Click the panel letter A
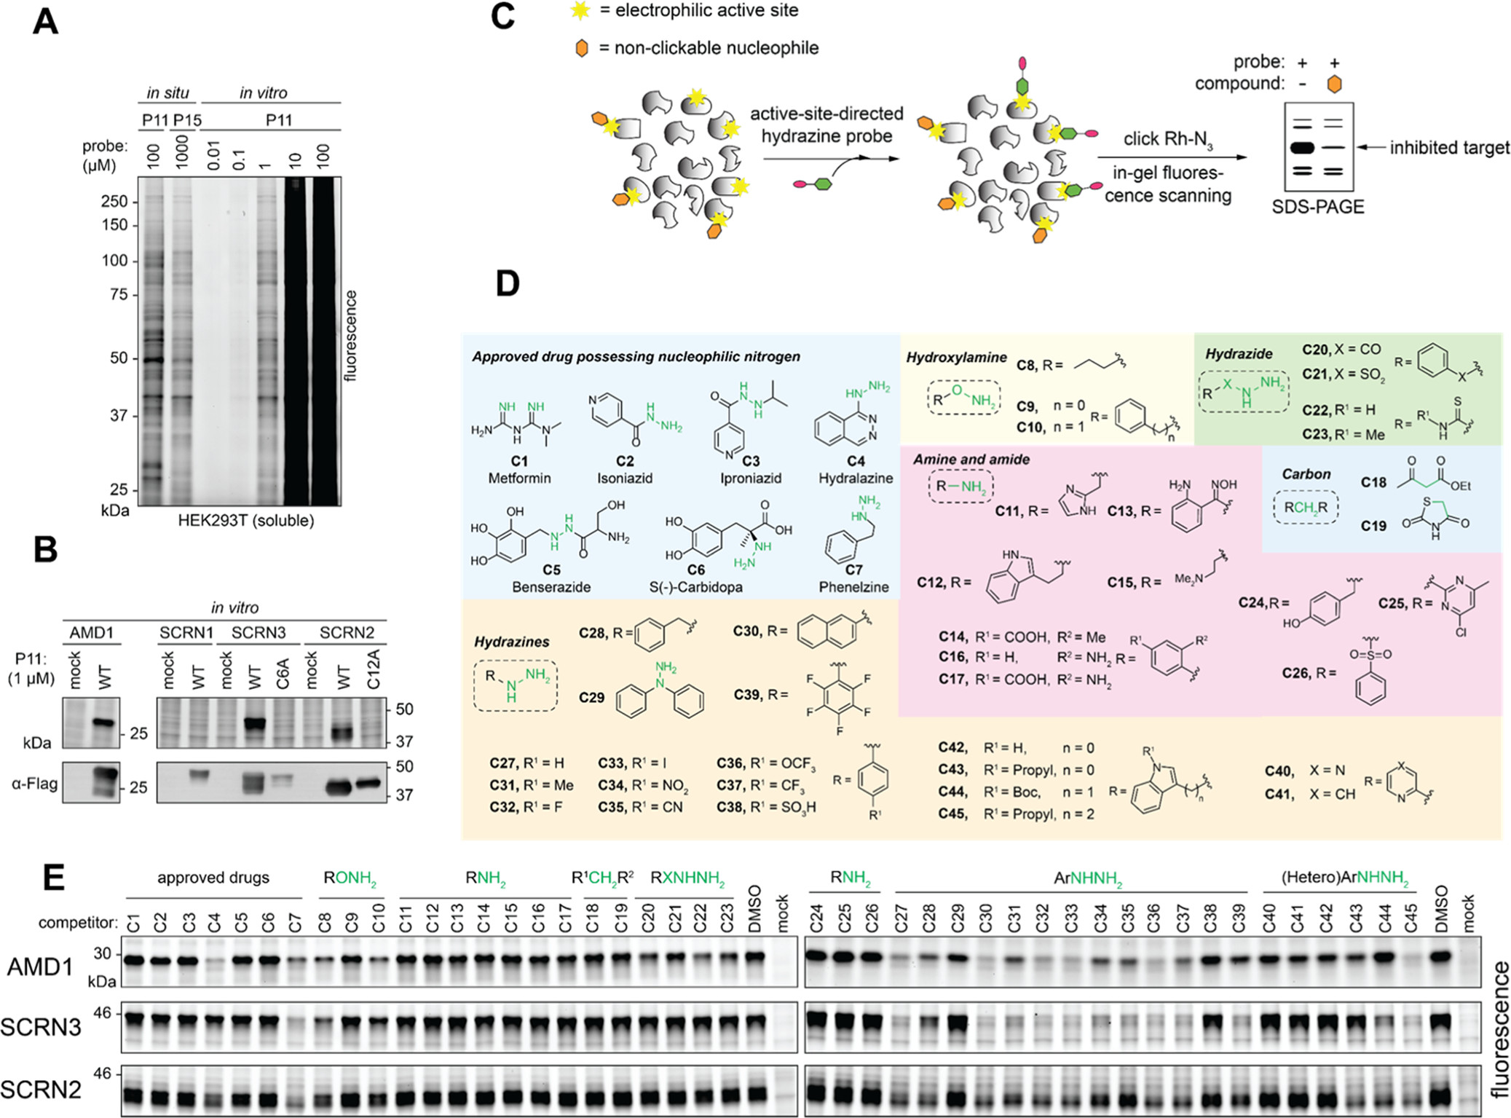coord(45,22)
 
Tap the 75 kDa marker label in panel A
coord(119,294)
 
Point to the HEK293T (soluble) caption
coord(246,521)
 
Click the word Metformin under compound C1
coord(519,479)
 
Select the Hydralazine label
coord(856,479)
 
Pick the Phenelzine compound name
coord(853,587)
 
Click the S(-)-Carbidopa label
coord(696,587)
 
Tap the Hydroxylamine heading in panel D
coord(956,358)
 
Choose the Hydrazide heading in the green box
coord(1239,354)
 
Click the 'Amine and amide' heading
coord(971,460)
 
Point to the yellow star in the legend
coord(580,11)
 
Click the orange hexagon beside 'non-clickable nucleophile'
coord(581,49)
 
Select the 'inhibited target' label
coord(1449,148)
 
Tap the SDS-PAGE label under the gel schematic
coord(1318,207)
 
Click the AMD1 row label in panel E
coord(40,967)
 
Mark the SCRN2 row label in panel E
coord(41,1090)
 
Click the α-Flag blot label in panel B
coord(34,784)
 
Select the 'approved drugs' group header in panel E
coord(213,878)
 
